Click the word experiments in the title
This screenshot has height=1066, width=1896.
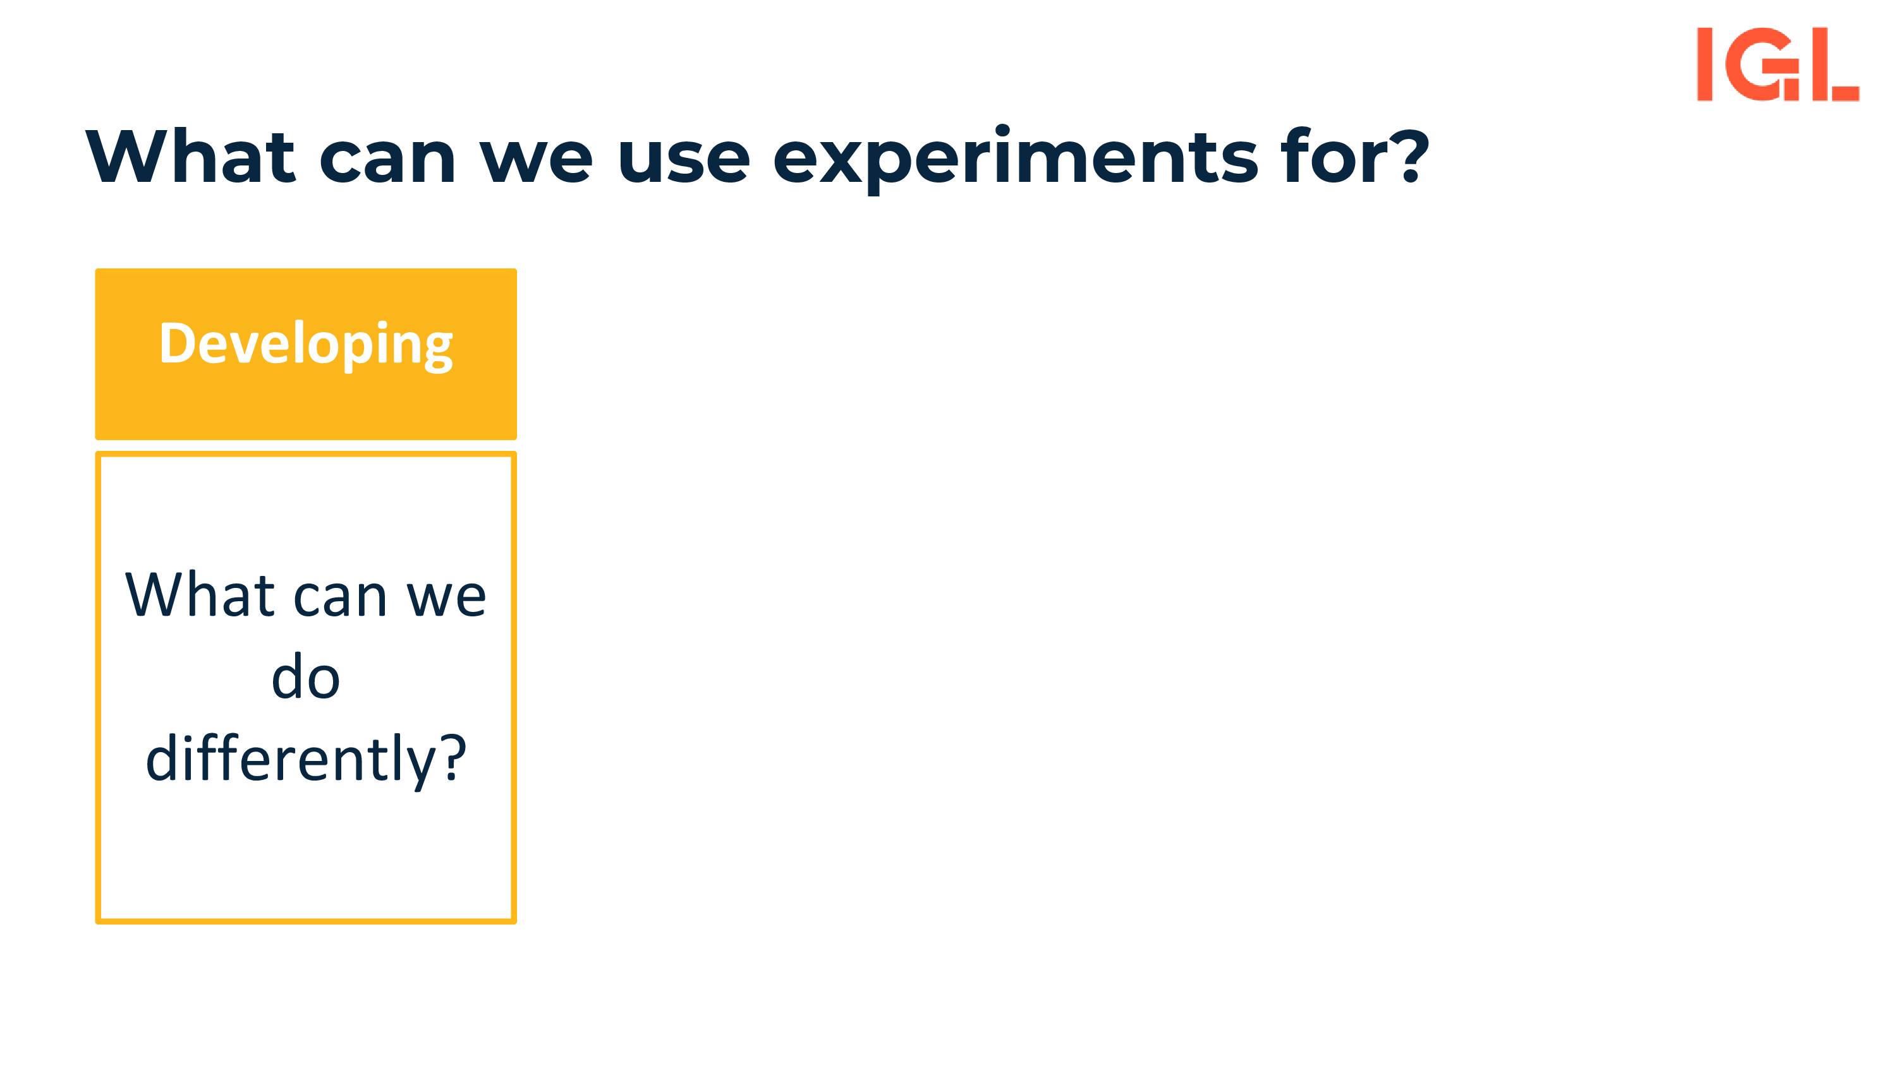[x=1016, y=158]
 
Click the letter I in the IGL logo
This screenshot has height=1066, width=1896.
[x=1705, y=64]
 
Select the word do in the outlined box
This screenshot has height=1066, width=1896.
[x=305, y=674]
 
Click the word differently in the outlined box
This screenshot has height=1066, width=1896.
[x=291, y=758]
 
